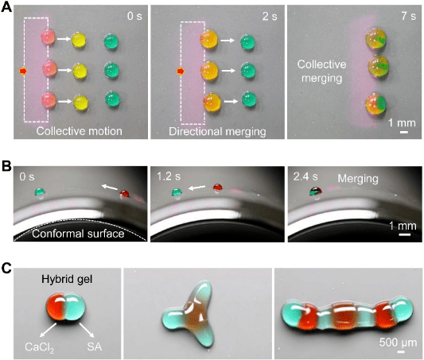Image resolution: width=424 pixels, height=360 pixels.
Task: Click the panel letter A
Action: pyautogui.click(x=6, y=7)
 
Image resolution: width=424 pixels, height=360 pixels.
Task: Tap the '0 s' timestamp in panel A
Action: pyautogui.click(x=134, y=16)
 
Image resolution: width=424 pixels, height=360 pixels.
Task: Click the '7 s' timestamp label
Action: pyautogui.click(x=409, y=16)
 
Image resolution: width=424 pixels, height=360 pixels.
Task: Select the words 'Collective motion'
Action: pyautogui.click(x=80, y=131)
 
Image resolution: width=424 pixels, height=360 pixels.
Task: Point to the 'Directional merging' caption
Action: pyautogui.click(x=217, y=131)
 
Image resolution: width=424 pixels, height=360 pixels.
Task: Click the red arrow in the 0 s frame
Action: pyautogui.click(x=23, y=71)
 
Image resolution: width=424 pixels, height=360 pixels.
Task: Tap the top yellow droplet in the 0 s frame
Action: pyautogui.click(x=79, y=40)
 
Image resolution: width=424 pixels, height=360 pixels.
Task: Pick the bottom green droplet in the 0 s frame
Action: pyautogui.click(x=112, y=99)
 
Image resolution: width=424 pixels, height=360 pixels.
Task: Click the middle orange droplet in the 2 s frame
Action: pyautogui.click(x=209, y=71)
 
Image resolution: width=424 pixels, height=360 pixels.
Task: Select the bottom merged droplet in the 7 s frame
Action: pyautogui.click(x=375, y=104)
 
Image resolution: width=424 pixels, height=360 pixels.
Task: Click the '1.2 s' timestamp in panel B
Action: pyautogui.click(x=169, y=176)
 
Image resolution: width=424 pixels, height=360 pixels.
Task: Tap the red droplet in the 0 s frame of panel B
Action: pyautogui.click(x=125, y=194)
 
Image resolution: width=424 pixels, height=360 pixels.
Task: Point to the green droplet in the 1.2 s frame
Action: pyautogui.click(x=177, y=192)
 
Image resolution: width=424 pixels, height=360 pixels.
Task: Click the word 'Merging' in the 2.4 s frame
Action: pyautogui.click(x=358, y=179)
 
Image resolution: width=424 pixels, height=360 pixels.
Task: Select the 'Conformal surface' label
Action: pyautogui.click(x=78, y=234)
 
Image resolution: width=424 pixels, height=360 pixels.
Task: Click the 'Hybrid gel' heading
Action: pyautogui.click(x=67, y=279)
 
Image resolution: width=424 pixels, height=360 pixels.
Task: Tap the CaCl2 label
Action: pyautogui.click(x=40, y=347)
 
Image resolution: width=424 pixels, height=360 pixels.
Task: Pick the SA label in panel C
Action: pyautogui.click(x=95, y=346)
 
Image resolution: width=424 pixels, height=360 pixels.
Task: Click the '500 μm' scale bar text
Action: pyautogui.click(x=398, y=343)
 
